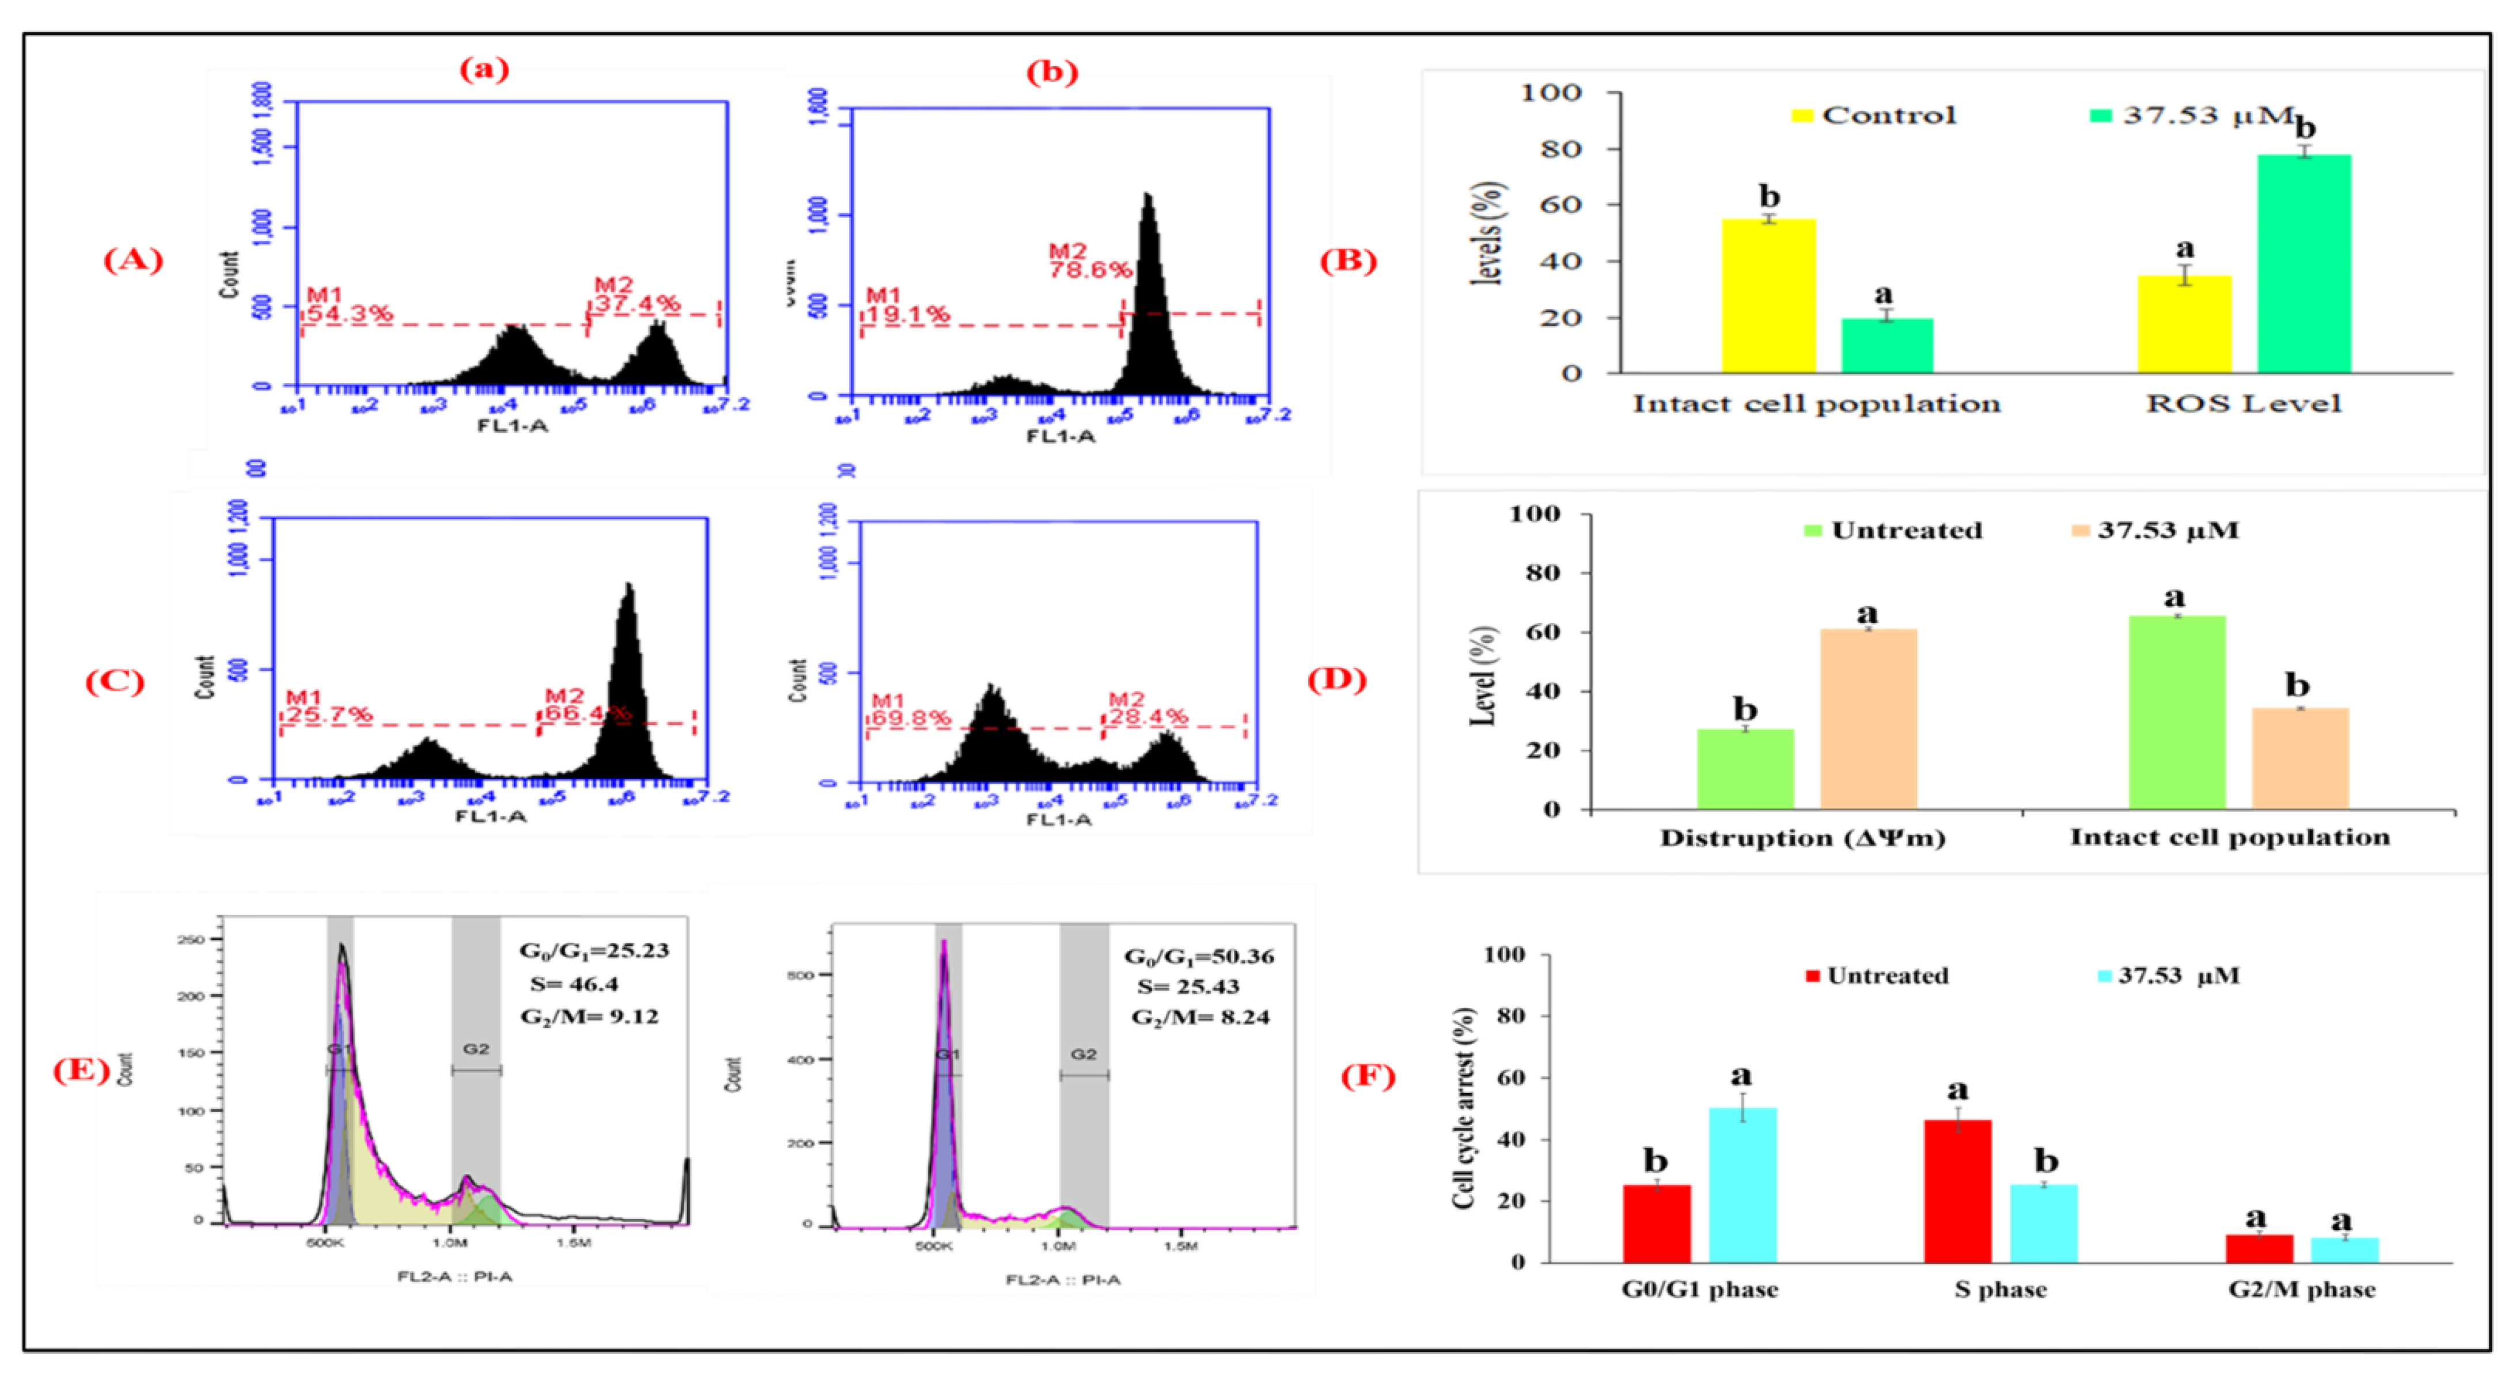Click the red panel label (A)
(133, 260)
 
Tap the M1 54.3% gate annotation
(349, 305)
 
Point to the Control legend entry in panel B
(1874, 115)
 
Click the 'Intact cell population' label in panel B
(1816, 404)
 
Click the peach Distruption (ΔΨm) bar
(1868, 719)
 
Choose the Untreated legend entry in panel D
(1893, 530)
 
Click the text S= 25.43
(1188, 987)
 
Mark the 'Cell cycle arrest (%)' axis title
(1463, 1108)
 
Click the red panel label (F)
(1367, 1076)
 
